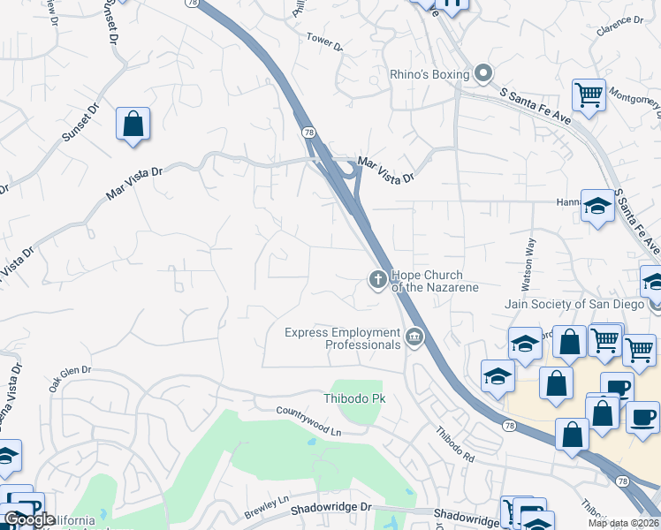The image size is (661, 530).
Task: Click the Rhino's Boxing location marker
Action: [482, 74]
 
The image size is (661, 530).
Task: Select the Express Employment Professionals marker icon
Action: [414, 337]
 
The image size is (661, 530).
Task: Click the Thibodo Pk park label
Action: [355, 399]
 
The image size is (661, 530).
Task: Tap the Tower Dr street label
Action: [323, 41]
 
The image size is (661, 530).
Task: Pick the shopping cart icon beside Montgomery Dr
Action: [589, 94]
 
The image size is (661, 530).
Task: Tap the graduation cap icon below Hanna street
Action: [598, 206]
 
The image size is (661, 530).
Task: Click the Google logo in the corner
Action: [29, 519]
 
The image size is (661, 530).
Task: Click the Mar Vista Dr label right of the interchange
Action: [385, 170]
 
